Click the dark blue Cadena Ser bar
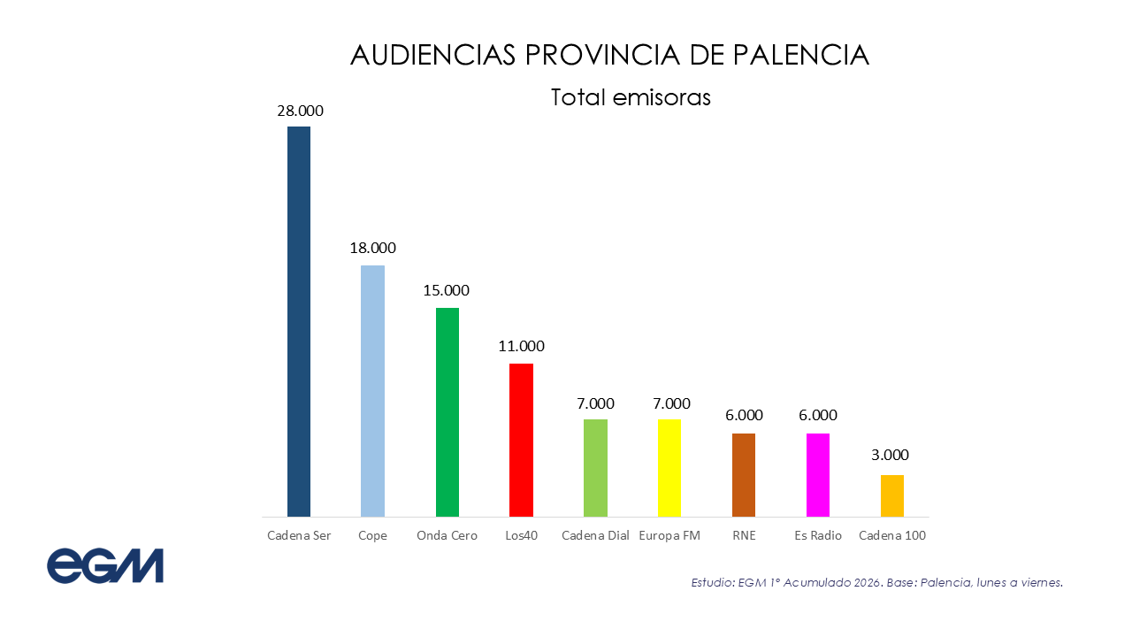[x=299, y=321]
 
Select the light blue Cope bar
[x=372, y=390]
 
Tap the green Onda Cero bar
[x=447, y=411]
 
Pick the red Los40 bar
[x=521, y=440]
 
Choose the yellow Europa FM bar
[x=669, y=467]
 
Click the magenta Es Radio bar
[x=818, y=474]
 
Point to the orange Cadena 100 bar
[x=891, y=495]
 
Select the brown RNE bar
[x=744, y=474]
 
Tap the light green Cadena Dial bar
[x=595, y=467]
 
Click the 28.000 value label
[x=300, y=111]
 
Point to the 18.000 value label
[x=372, y=249]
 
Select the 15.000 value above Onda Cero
[x=447, y=290]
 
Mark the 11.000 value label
[x=521, y=346]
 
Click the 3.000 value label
[x=890, y=456]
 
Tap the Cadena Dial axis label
[x=595, y=535]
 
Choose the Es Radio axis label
[x=818, y=535]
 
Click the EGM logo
[x=105, y=565]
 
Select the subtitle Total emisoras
[x=631, y=97]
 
